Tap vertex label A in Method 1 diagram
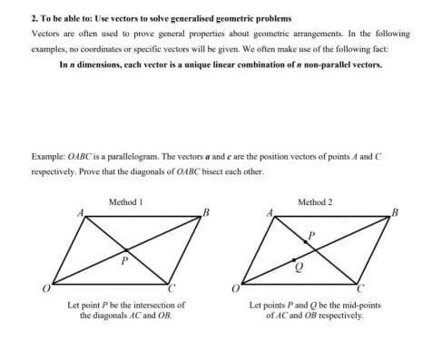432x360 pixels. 78,213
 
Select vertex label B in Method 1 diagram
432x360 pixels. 207,214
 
